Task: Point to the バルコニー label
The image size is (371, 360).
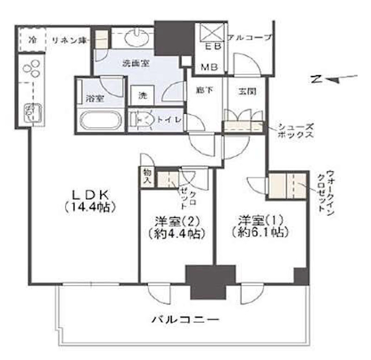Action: (185, 319)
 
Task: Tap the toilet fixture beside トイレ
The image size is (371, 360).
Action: (146, 120)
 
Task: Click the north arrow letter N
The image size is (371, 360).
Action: (316, 79)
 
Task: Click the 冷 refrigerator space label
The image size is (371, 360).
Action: (32, 39)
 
